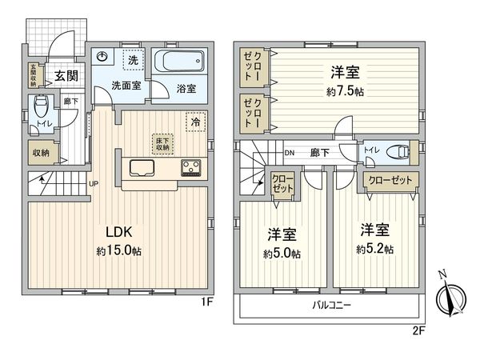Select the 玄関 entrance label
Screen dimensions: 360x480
[66, 76]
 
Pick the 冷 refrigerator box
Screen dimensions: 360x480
[194, 123]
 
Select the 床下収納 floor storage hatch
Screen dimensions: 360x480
[162, 143]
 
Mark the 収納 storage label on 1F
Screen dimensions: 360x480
[41, 153]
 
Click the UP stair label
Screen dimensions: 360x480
[94, 183]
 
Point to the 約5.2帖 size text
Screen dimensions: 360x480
[376, 249]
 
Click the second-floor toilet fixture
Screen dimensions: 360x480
[397, 150]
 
